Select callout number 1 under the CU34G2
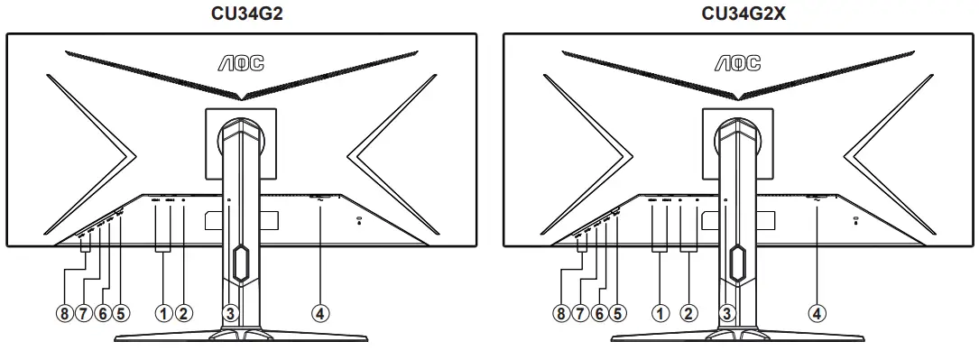[163, 313]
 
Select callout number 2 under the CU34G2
[183, 313]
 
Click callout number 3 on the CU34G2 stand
[230, 313]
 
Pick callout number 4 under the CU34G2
[319, 313]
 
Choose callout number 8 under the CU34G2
[63, 313]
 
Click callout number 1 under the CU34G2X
[660, 313]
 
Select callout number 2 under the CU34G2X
[689, 313]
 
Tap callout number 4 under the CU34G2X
[817, 313]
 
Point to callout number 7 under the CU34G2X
[579, 313]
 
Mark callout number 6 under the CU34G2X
[599, 313]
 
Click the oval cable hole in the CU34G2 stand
[241, 263]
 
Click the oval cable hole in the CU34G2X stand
[738, 263]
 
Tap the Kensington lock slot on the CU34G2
[359, 219]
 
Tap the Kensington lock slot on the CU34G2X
[856, 219]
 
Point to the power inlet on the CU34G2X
[817, 198]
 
